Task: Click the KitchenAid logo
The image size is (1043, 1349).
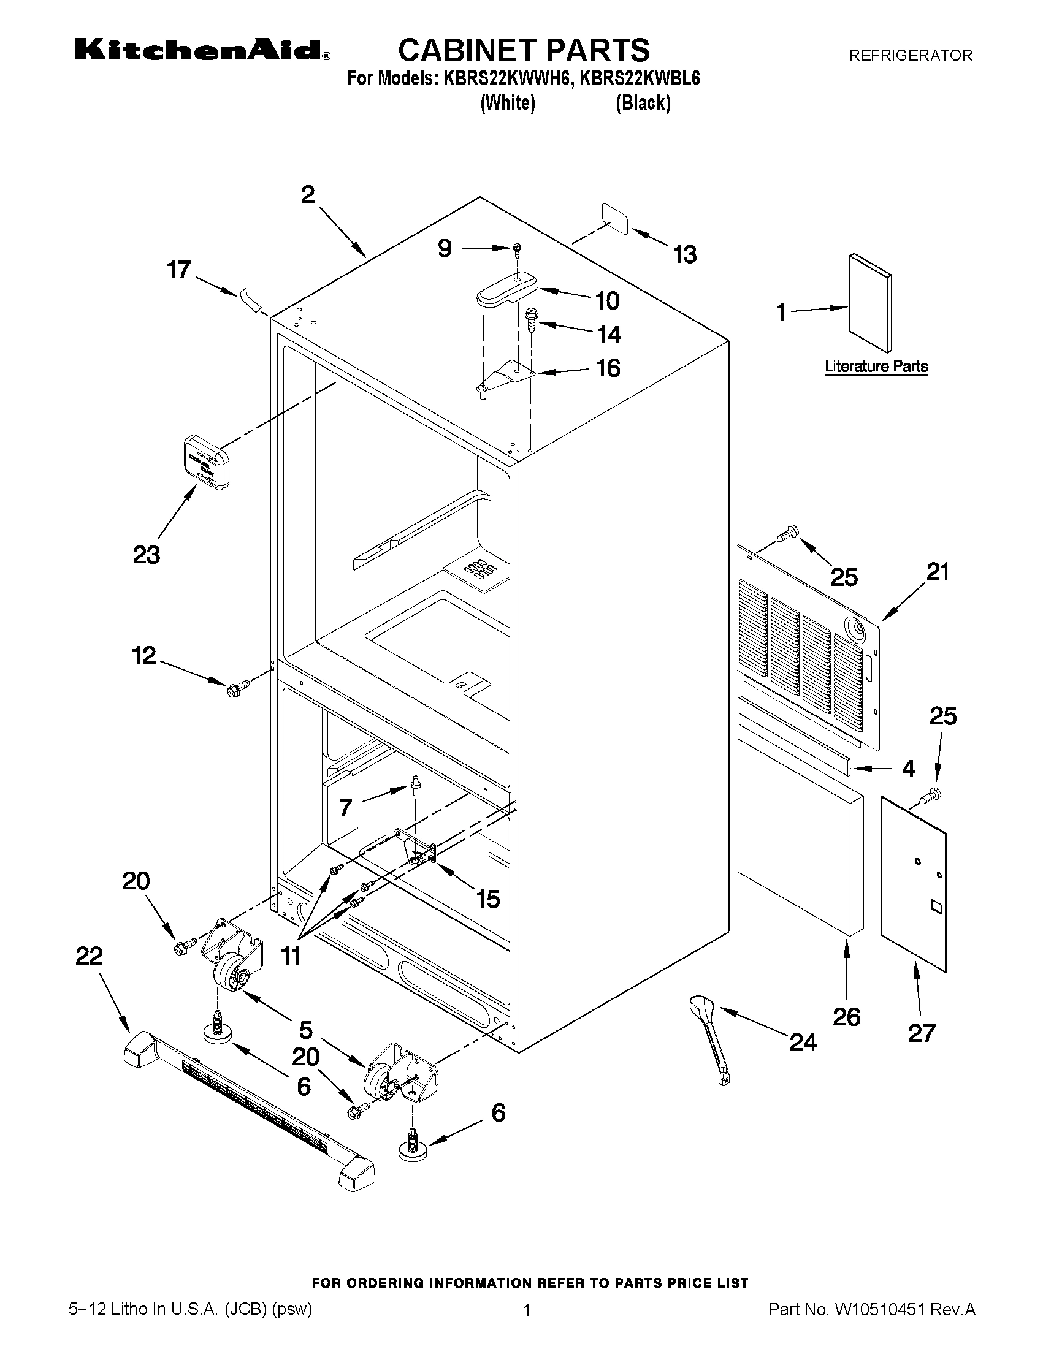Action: click(x=202, y=50)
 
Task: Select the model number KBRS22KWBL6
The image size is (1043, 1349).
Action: click(x=640, y=78)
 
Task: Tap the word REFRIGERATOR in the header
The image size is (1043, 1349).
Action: click(x=910, y=56)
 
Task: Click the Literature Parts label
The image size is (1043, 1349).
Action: click(x=876, y=367)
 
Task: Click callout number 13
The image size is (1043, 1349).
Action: click(x=685, y=254)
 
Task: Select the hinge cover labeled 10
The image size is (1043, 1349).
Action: click(x=506, y=289)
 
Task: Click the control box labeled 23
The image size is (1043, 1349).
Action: click(x=206, y=462)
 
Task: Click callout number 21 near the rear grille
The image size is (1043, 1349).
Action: click(x=938, y=572)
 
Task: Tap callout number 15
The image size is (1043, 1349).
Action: click(x=487, y=899)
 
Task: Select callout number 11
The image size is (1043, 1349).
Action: click(x=291, y=956)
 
